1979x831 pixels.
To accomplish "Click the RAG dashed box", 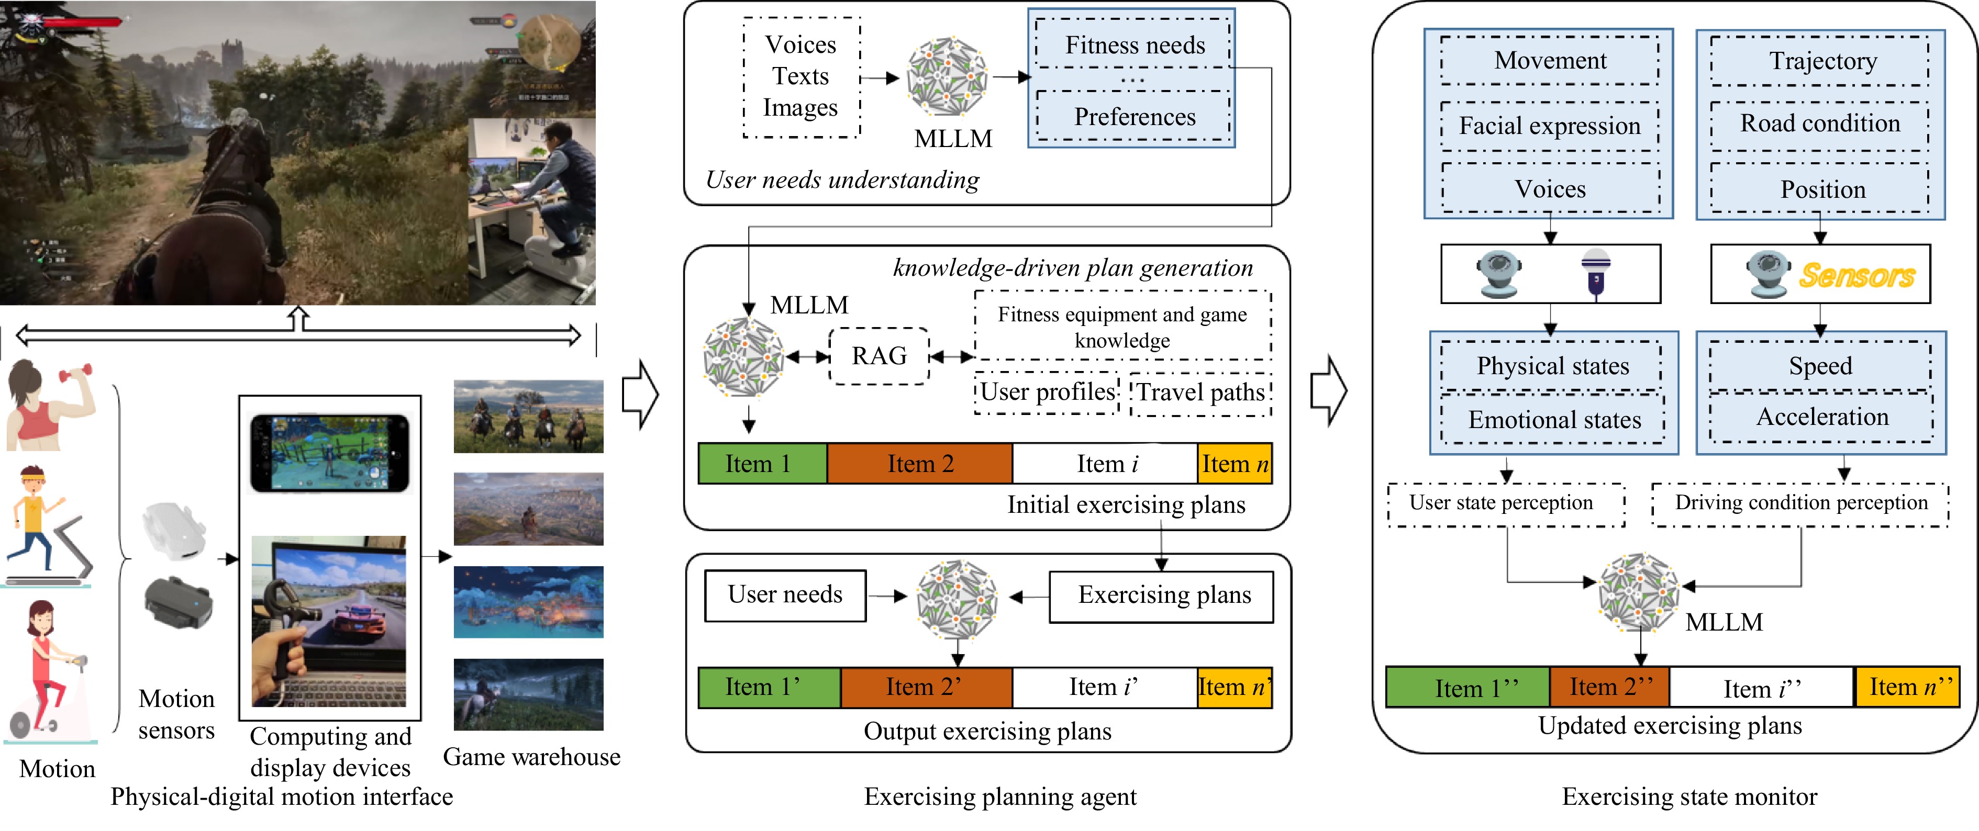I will pos(879,356).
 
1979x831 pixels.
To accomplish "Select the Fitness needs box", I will pos(1134,46).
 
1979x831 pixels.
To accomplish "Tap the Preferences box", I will pos(1134,117).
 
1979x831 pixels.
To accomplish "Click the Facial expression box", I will pos(1550,125).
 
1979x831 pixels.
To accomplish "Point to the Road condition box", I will pos(1819,123).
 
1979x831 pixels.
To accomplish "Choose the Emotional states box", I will pos(1553,419).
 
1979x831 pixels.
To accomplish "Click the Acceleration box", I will pos(1821,416).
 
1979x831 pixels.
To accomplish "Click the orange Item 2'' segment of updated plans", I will pos(1609,687).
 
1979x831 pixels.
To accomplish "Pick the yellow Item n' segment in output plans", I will pos(1235,687).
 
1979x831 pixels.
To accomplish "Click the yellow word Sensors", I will pos(1857,275).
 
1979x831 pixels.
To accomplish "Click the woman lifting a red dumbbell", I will pos(50,404).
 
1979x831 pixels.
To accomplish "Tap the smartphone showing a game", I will pos(330,453).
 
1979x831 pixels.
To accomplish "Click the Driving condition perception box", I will pos(1800,503).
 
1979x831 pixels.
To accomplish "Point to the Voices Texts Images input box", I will pos(801,77).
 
